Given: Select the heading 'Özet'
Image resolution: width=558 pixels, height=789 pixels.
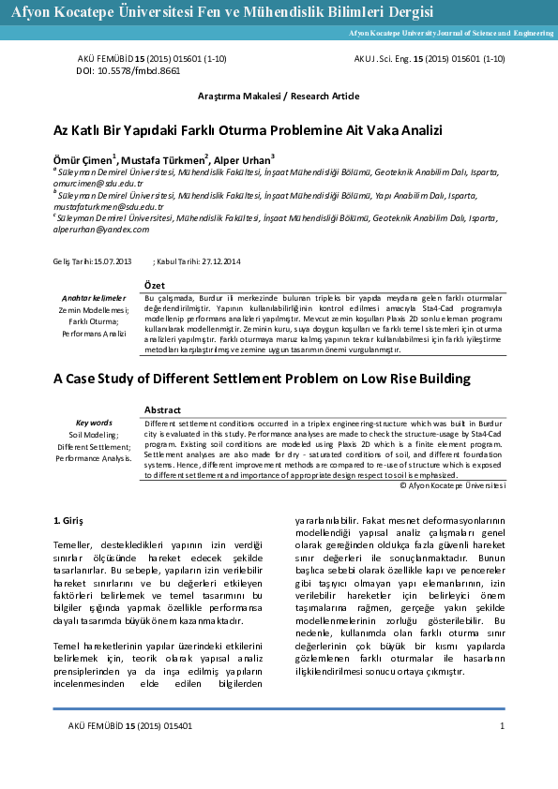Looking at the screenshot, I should (157, 284).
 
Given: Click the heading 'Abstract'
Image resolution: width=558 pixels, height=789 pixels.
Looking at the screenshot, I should (163, 410).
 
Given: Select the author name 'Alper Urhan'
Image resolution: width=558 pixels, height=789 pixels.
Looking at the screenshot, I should (242, 158).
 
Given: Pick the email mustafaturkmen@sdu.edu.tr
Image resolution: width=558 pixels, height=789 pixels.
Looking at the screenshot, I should (110, 206).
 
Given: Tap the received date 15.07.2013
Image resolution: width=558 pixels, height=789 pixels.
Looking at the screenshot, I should (113, 260).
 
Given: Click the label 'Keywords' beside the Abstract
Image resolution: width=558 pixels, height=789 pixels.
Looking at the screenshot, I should (93, 423).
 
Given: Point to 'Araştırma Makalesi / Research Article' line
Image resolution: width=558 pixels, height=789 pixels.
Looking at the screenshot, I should (278, 97).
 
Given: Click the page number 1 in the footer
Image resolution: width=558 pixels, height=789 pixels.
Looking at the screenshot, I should (503, 726).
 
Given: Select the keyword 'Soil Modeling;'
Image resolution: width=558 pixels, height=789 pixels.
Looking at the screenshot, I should (93, 435).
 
